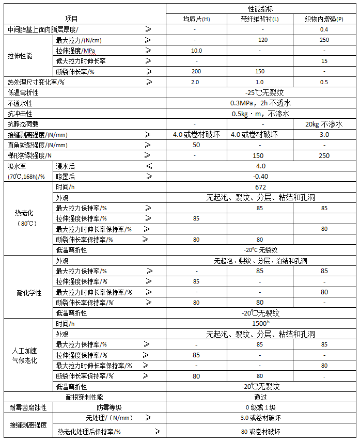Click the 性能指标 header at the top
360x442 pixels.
(x=260, y=9)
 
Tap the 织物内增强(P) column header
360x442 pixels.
(x=324, y=19)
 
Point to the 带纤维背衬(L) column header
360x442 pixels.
(x=260, y=19)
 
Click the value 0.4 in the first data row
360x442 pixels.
(x=324, y=29)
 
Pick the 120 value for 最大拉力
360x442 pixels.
(x=260, y=40)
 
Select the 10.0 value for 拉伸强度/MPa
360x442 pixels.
(x=196, y=51)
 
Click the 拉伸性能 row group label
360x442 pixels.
(x=20, y=56)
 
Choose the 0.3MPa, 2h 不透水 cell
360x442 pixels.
(x=260, y=103)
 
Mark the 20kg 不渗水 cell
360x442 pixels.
(x=324, y=124)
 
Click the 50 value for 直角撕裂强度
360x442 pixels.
(x=196, y=145)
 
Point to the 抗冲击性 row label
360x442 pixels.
(x=20, y=114)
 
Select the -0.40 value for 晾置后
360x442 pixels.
(x=260, y=176)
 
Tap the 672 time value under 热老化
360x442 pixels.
(x=260, y=187)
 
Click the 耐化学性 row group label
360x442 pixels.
(x=29, y=292)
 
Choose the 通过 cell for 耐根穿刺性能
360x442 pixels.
(x=260, y=397)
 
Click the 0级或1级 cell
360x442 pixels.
(x=260, y=407)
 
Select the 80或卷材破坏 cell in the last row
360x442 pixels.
(x=260, y=432)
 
